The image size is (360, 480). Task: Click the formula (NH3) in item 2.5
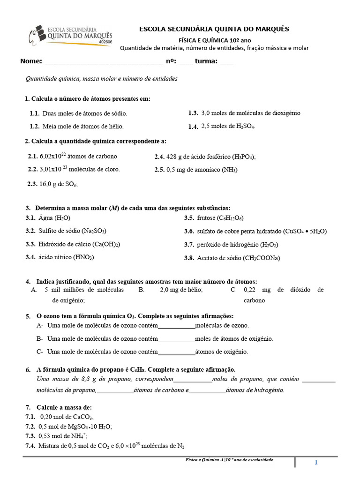tap(230, 170)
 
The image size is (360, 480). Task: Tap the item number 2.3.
tap(32, 184)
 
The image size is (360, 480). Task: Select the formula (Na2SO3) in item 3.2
tap(94, 231)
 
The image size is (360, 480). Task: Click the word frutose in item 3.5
tap(206, 218)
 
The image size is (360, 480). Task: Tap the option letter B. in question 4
tap(141, 290)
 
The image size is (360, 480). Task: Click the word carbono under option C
tap(254, 300)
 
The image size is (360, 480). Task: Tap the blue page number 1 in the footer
tap(316, 463)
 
